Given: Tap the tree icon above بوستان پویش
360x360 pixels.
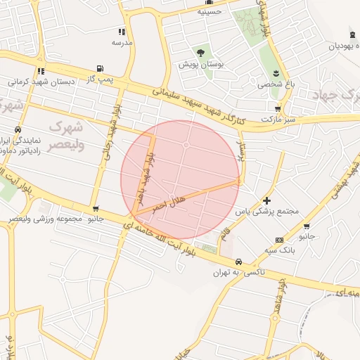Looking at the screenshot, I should coord(201,53).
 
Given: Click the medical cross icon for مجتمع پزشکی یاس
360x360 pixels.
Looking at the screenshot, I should coord(266,200).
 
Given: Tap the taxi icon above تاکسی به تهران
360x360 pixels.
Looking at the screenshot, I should coord(240,261).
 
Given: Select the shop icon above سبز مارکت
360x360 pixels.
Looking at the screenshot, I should coord(278,108).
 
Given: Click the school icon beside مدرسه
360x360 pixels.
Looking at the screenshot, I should coord(122,32).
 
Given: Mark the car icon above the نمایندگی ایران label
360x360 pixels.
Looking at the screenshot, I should coord(18,130).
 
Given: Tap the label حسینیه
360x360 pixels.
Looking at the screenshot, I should coord(209,11).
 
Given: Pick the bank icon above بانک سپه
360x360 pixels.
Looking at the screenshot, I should coord(280,240).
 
